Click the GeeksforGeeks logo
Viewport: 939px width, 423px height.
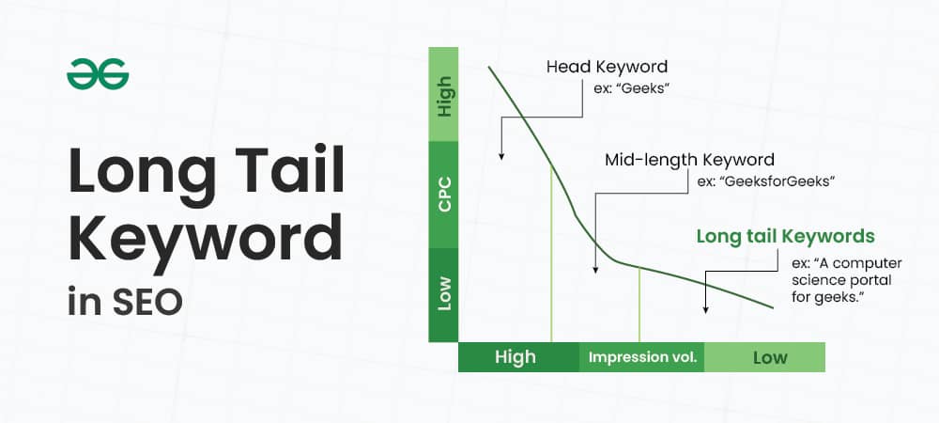pos(98,74)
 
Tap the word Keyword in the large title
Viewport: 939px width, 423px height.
pos(204,240)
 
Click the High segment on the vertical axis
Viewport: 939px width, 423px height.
pos(443,95)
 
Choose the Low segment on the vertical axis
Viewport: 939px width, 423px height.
pos(443,294)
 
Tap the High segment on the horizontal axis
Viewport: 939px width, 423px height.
pos(516,357)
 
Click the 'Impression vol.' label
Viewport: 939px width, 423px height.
pos(642,357)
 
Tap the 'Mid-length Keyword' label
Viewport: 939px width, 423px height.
pos(689,160)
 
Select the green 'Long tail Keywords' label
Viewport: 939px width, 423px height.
pos(784,236)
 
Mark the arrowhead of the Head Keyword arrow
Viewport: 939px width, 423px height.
pos(501,156)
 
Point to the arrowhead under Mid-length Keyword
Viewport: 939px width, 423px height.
pos(595,272)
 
